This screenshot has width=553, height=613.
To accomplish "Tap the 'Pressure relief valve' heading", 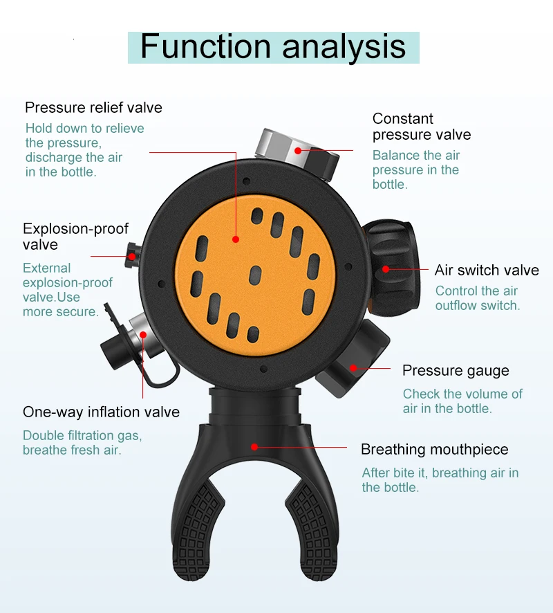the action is coord(93,107).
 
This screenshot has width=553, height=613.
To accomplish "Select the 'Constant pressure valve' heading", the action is coord(422,127).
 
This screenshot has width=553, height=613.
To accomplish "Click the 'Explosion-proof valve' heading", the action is coord(75,237).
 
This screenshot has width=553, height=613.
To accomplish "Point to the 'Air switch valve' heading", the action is coord(487,270).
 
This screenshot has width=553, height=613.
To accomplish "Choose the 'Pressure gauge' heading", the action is coord(456,371).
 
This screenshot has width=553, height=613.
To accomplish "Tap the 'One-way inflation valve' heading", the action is coord(101,412).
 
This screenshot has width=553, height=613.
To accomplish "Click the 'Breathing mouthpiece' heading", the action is coord(434,450).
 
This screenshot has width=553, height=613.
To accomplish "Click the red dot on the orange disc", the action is coord(236,239).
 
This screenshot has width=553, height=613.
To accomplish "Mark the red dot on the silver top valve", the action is coord(298,150).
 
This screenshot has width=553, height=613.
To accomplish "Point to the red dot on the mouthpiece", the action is coord(254,447).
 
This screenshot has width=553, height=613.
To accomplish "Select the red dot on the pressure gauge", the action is coord(353,368).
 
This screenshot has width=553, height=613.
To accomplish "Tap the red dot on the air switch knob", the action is coord(386,268).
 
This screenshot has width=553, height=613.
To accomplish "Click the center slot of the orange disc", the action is coord(255,275).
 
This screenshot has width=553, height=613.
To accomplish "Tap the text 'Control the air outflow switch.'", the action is coord(477,298).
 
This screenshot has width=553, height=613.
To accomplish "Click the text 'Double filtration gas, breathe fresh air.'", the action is coord(82,443).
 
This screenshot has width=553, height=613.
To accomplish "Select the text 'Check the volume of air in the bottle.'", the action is coord(462,401).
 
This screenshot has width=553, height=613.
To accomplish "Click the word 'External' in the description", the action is coord(47,268).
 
